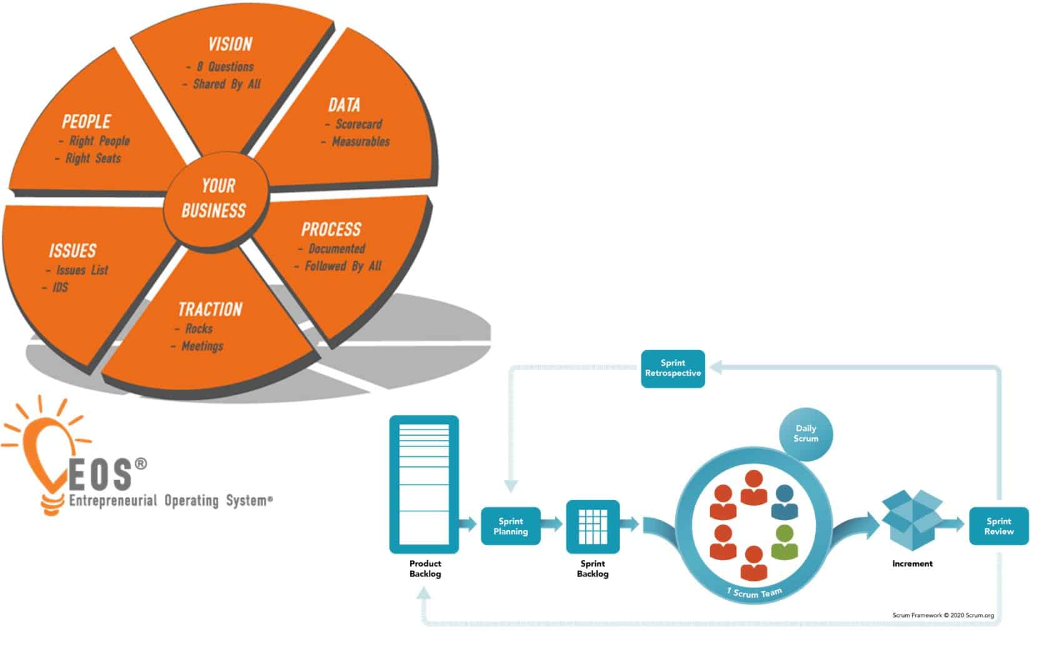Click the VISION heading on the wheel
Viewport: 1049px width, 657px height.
point(230,44)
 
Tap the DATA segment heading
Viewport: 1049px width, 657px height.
point(344,105)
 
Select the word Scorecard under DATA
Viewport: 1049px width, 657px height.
point(358,124)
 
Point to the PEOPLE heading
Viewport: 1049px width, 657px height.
point(86,121)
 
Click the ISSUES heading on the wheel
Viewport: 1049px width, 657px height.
point(73,251)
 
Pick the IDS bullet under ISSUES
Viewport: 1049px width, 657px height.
point(60,288)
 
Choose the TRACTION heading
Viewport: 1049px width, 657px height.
point(210,309)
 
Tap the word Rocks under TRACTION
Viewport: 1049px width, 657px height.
point(198,328)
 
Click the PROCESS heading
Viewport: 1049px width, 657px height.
point(331,229)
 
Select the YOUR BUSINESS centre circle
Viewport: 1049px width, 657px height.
point(214,198)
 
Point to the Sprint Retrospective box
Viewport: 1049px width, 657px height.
point(673,368)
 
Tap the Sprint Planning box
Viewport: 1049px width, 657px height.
point(510,526)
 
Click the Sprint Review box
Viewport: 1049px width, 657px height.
point(998,526)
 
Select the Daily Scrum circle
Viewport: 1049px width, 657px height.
point(806,434)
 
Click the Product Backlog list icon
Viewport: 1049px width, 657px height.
point(424,484)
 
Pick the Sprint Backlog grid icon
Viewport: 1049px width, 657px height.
point(593,527)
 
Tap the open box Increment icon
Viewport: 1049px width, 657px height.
point(911,520)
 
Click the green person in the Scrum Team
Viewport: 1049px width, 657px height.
point(784,543)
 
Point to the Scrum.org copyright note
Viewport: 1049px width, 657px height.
point(943,615)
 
